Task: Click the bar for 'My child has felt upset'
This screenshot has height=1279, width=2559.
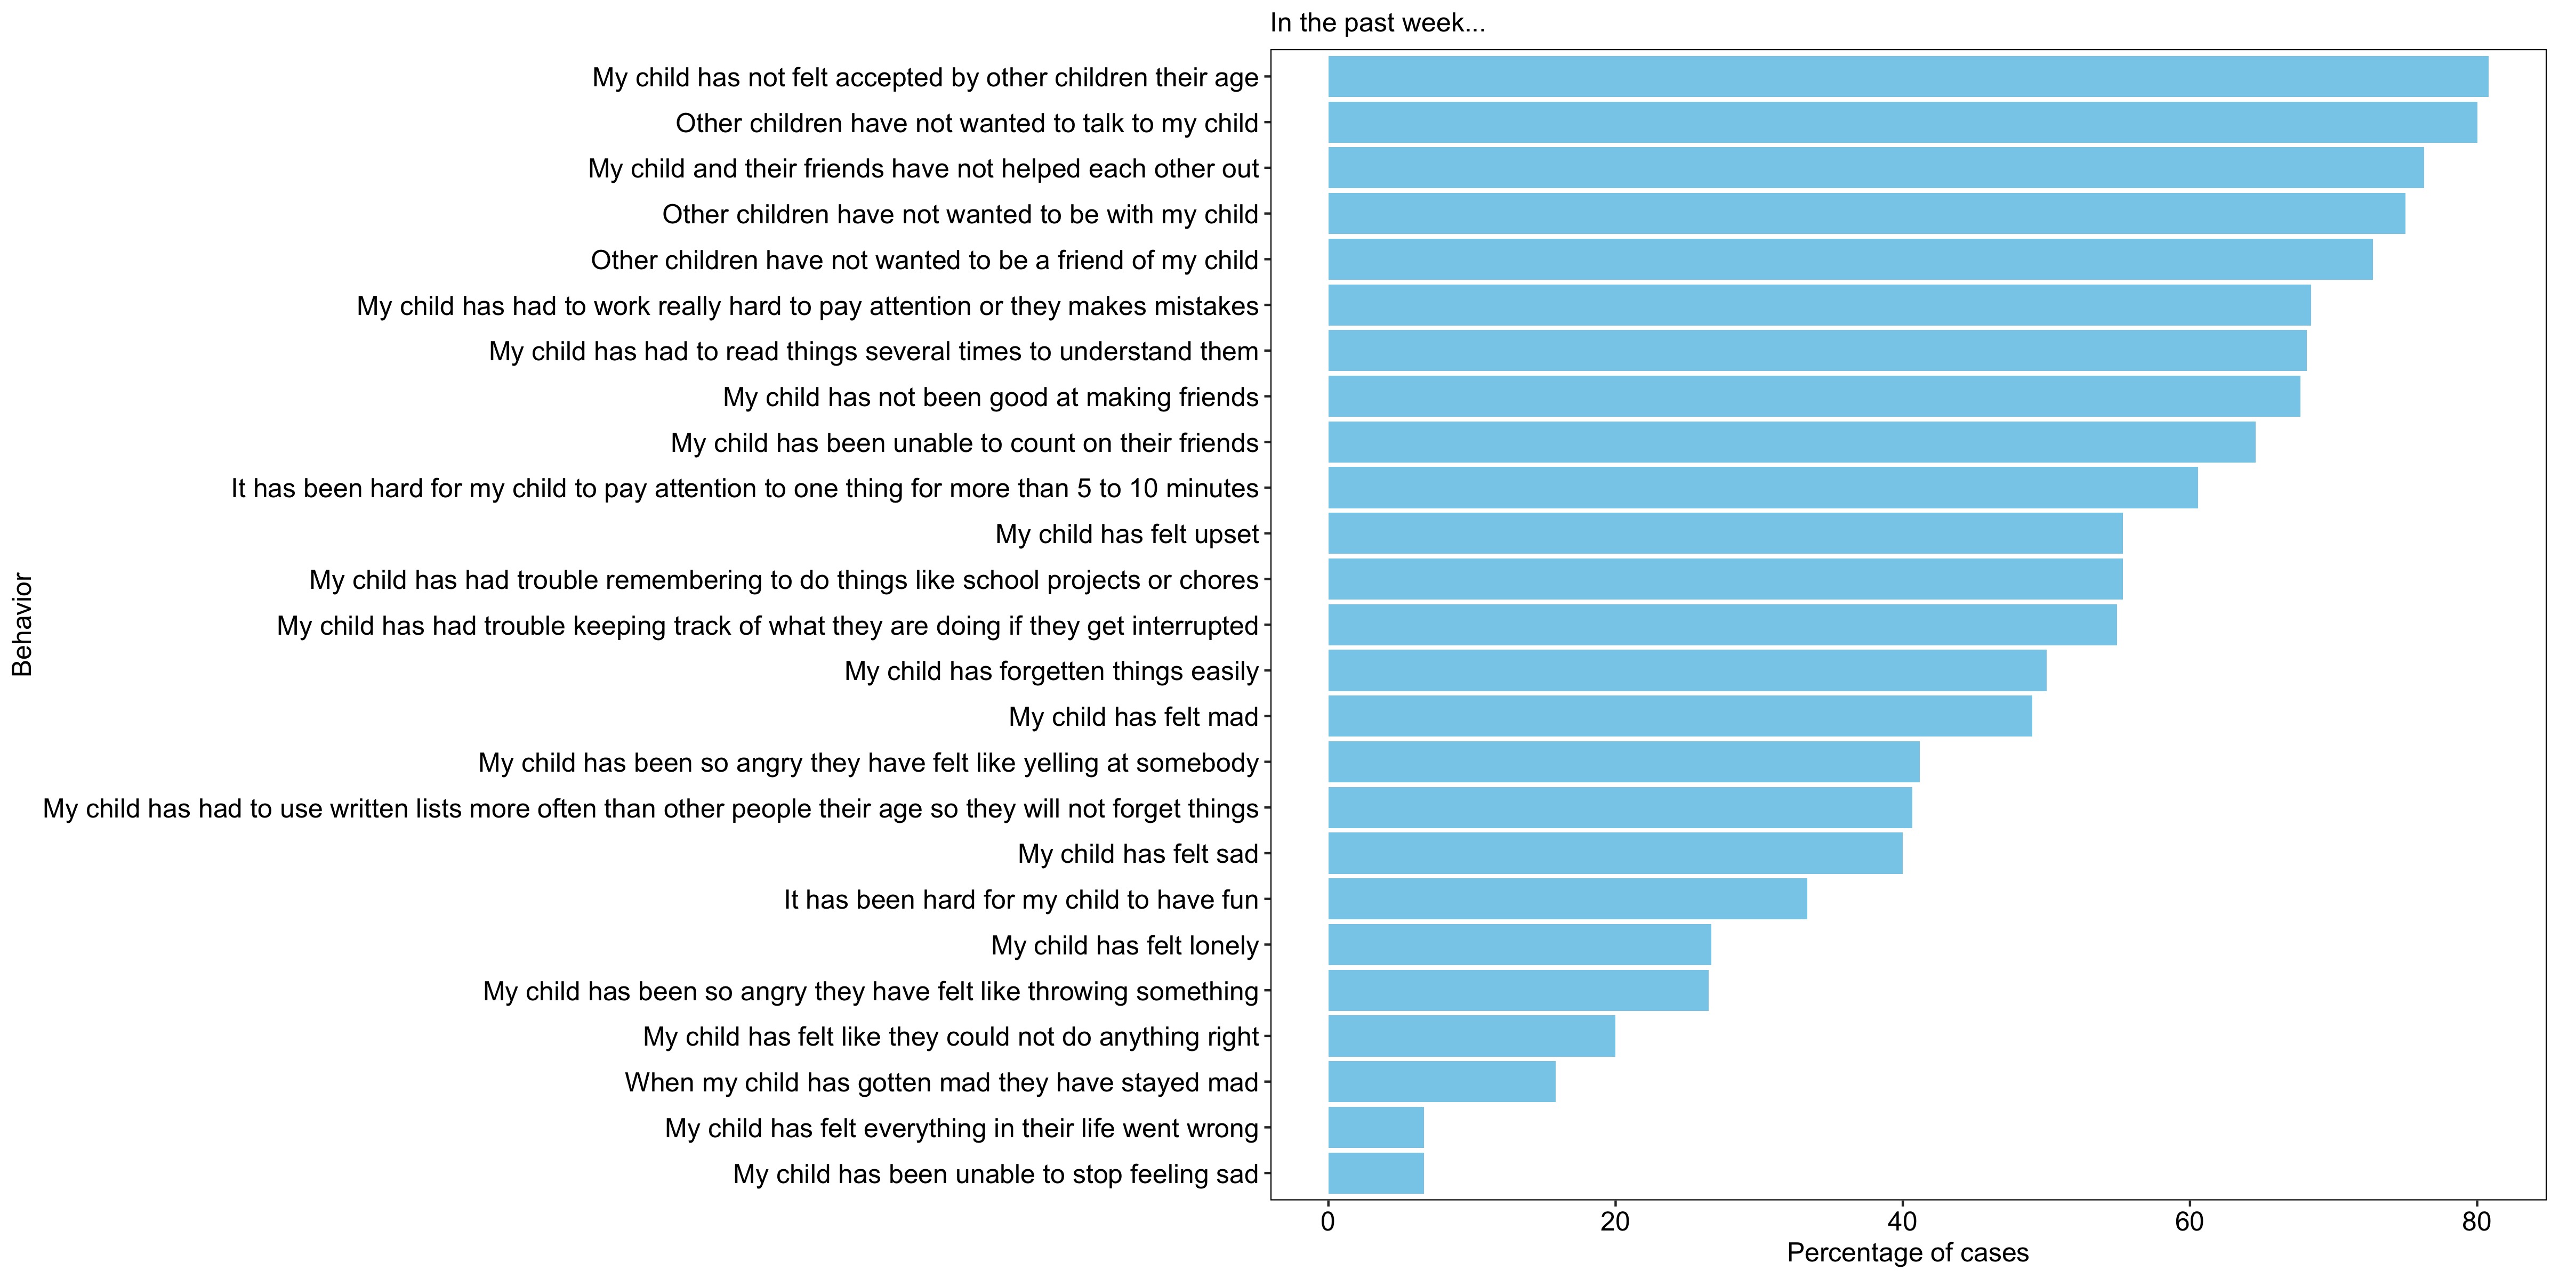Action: coord(1725,533)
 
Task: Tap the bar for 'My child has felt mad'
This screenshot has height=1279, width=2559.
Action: coord(1679,716)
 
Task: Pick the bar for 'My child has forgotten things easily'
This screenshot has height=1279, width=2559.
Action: coord(1687,670)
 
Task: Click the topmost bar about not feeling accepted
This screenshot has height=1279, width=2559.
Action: coord(1908,76)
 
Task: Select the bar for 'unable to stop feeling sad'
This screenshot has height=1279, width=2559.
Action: coord(1376,1173)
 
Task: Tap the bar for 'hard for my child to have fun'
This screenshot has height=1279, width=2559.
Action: coord(1567,898)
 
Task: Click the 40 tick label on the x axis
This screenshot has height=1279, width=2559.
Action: coord(1901,1221)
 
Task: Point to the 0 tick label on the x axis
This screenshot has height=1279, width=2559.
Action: coord(1328,1221)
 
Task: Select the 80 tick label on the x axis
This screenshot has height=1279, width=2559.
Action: coord(2475,1221)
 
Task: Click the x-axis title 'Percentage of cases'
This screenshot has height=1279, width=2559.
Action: coord(1908,1253)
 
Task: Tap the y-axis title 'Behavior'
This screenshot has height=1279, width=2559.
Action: coord(22,625)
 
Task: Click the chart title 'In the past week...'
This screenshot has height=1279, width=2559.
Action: coord(1377,23)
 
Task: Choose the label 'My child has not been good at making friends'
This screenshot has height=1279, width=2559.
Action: coord(991,397)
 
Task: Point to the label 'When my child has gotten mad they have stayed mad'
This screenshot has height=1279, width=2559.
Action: coord(941,1082)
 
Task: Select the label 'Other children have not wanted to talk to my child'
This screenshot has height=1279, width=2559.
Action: coord(967,123)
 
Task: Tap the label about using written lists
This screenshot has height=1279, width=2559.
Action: coord(650,808)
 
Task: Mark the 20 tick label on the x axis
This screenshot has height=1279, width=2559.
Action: coord(1614,1221)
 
